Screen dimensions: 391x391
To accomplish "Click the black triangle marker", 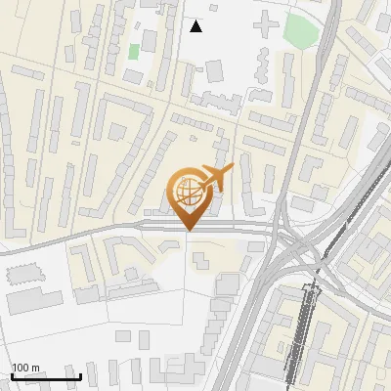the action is pos(196,26).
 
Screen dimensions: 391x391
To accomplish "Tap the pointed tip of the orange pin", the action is pos(189,231).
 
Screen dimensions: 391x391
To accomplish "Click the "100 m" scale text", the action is pos(25,368).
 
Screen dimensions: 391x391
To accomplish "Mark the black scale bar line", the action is pos(45,377).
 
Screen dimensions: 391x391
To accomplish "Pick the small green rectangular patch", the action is pos(134,51).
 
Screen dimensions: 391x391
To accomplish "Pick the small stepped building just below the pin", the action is pos(200,260).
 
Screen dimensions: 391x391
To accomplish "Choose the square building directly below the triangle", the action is pos(213,71).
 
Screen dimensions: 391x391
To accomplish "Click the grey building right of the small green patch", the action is pos(150,41).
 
